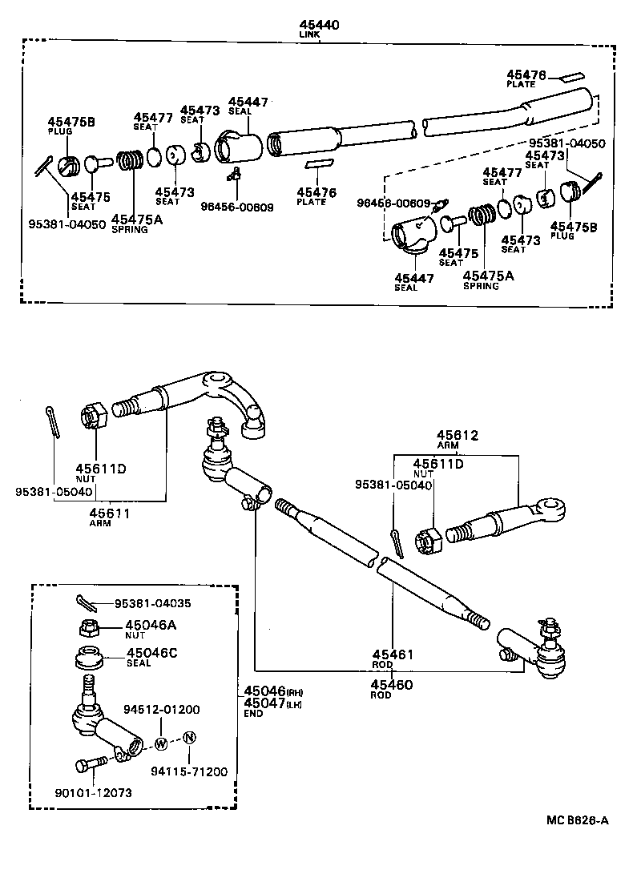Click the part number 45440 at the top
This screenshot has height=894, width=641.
(x=319, y=25)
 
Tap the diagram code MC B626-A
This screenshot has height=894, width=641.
(x=579, y=819)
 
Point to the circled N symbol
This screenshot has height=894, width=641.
(x=189, y=738)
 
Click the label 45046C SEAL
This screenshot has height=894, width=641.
(x=151, y=657)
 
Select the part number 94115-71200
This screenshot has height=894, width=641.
(x=188, y=771)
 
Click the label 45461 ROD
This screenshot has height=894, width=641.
(x=393, y=658)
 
